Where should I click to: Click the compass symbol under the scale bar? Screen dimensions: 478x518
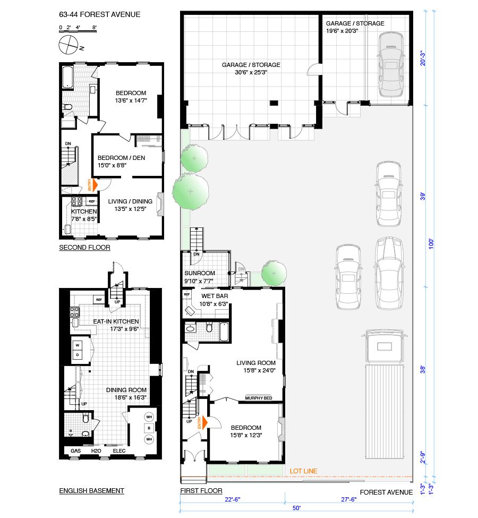(x=69, y=45)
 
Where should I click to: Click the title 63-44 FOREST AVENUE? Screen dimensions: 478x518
(x=100, y=14)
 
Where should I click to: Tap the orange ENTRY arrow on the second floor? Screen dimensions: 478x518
(x=95, y=185)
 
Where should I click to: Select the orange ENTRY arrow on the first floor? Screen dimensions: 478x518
(x=204, y=422)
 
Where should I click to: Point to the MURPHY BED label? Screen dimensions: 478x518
(x=259, y=398)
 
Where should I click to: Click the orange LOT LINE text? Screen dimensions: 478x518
(x=303, y=471)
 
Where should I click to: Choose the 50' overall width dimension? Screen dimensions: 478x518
(x=297, y=508)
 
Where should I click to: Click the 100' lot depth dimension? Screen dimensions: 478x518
(x=431, y=244)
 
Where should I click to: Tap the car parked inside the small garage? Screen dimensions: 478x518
(x=391, y=64)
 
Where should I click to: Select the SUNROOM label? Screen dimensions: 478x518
(x=200, y=273)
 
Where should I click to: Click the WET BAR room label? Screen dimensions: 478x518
(x=215, y=296)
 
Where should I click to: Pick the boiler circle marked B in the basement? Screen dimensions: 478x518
(x=149, y=428)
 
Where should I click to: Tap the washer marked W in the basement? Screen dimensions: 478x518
(x=78, y=345)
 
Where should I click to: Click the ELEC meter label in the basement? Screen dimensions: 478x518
(x=119, y=451)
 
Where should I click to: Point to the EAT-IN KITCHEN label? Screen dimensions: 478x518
(x=116, y=321)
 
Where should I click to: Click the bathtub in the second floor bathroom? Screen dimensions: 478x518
(x=68, y=78)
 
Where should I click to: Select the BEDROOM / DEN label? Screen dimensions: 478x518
(x=121, y=158)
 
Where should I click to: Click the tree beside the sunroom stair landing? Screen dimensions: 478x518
(x=274, y=273)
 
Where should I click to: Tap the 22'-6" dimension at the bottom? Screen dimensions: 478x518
(x=233, y=499)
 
